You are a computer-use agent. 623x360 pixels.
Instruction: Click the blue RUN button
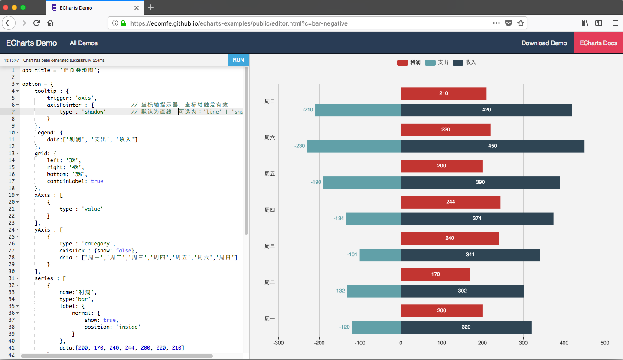(238, 60)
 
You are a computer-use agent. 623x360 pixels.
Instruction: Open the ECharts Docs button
(598, 43)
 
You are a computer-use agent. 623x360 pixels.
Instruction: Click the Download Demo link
(544, 43)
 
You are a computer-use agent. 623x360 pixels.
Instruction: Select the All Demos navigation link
(84, 43)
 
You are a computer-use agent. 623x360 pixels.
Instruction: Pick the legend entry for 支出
(437, 62)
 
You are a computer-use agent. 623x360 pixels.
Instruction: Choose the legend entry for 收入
(464, 62)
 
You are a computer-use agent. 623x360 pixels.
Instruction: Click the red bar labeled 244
(450, 202)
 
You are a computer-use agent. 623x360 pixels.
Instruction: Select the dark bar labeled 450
(493, 146)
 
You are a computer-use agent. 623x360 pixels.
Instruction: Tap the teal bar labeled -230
(354, 146)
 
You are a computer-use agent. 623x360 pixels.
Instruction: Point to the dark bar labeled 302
(462, 291)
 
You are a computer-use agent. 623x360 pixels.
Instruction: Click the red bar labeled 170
(435, 275)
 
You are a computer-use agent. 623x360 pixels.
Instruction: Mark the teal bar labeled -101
(380, 255)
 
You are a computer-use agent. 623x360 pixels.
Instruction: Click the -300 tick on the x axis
(278, 343)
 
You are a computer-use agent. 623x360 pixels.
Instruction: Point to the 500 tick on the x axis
(605, 343)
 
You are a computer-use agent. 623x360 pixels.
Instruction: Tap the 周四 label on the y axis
(270, 210)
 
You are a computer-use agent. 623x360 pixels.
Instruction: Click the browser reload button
(37, 23)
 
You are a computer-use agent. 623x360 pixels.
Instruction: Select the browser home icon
(50, 23)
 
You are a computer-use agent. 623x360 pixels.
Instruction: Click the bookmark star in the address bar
(521, 23)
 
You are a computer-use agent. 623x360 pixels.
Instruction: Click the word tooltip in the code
(46, 91)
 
